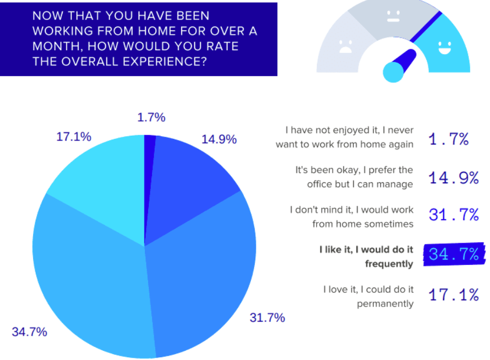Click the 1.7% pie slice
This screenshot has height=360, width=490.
[x=149, y=162]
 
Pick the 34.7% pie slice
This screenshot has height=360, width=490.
[x=87, y=281]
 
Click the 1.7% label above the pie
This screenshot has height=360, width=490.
[x=151, y=117]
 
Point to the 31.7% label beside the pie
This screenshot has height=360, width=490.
[x=267, y=318]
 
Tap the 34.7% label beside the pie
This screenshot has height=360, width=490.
[x=29, y=332]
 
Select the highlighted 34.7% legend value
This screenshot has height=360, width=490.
[x=454, y=254]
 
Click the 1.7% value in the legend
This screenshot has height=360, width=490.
[x=448, y=139]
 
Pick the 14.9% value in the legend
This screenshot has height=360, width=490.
[x=454, y=177]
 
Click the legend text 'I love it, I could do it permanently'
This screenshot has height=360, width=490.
[x=368, y=297]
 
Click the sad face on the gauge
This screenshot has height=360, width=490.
[x=345, y=46]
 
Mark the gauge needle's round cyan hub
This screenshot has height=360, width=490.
[x=394, y=72]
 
